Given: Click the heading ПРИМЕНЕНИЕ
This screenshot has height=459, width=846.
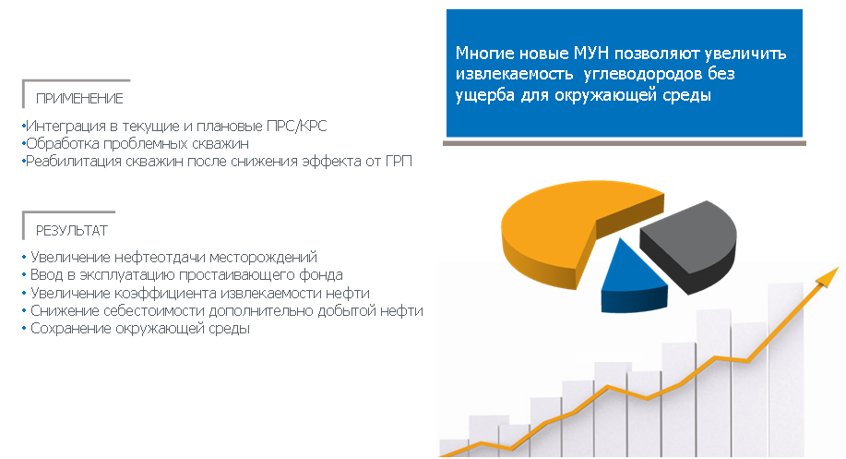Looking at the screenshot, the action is pos(79,98).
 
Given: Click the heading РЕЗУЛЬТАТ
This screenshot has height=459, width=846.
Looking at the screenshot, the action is pos(72,231).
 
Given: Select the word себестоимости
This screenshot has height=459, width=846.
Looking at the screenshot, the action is pos(154,310).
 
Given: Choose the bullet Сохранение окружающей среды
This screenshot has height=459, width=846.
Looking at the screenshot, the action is pos(136,329).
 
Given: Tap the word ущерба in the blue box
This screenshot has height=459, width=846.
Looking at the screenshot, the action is pos(485,95).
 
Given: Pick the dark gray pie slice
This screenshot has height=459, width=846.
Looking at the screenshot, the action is pos(692,246).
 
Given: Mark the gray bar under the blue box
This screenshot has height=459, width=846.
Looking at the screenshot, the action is pos(625,143).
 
